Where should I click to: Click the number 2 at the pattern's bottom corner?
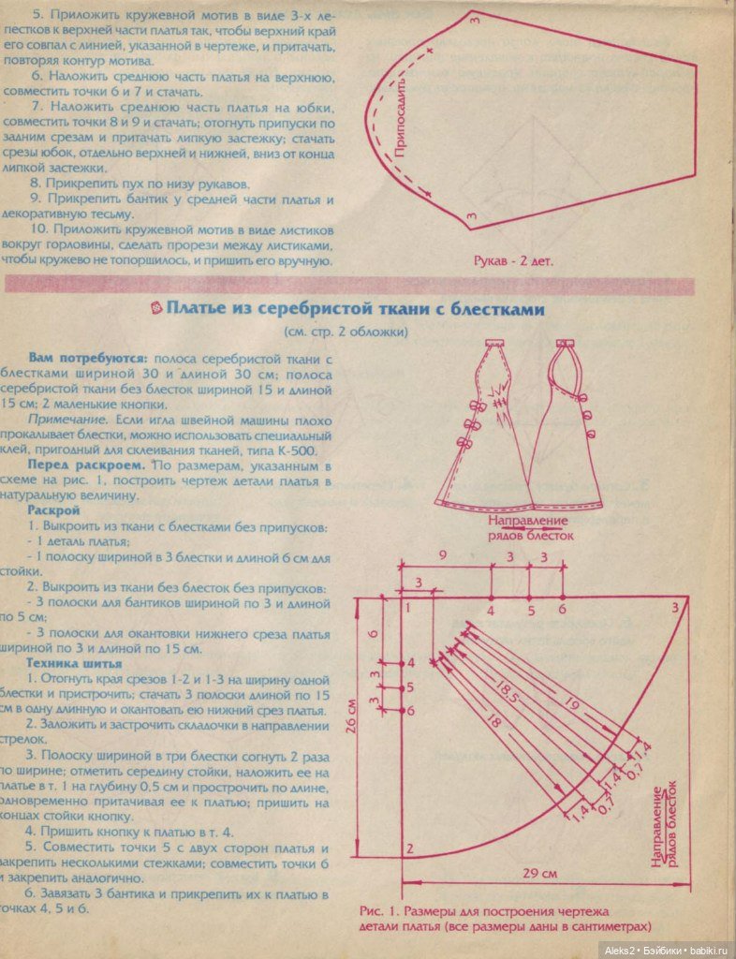tap(409, 848)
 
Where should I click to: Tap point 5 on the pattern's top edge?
tap(529, 611)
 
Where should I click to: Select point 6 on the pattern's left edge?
tap(409, 711)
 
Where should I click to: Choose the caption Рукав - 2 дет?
tap(512, 261)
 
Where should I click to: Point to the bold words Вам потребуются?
tap(88, 359)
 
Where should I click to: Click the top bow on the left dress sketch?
tap(476, 406)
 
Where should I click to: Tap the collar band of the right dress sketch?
tap(564, 348)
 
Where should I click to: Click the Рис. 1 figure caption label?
tap(375, 909)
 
